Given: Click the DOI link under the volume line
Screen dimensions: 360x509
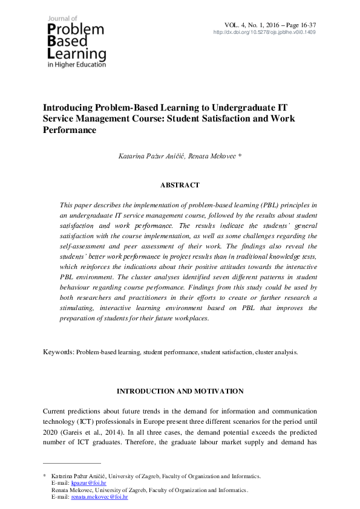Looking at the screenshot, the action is pos(264,32).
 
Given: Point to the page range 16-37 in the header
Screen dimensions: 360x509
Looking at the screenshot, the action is pos(306,25).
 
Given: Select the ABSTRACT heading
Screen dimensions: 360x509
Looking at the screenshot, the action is pos(180,185).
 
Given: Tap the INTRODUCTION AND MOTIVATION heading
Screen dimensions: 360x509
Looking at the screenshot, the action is pos(180,391).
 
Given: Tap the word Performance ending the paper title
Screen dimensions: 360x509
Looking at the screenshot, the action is pos(70,130).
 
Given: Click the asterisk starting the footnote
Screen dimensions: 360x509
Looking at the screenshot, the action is pos(44,476).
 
